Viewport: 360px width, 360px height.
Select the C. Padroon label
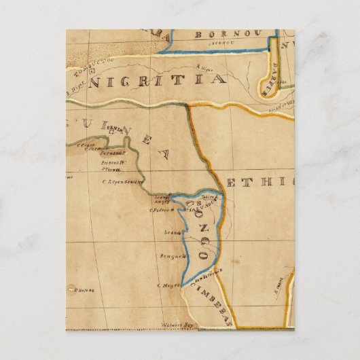(x=162, y=211)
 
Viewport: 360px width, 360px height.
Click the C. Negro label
(x=167, y=285)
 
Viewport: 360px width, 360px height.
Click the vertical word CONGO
(x=201, y=230)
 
